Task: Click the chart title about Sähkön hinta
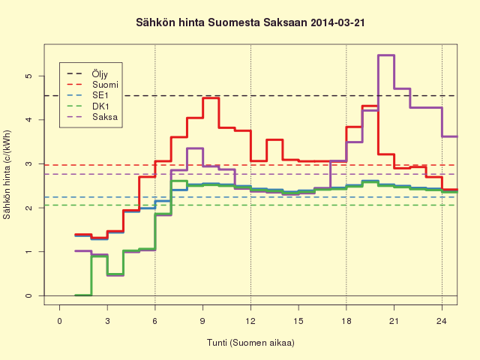(250, 23)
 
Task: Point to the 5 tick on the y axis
(28, 76)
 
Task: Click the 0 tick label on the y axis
(28, 295)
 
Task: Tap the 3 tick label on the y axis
(28, 163)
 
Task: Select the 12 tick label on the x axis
(250, 321)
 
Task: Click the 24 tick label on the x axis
(442, 321)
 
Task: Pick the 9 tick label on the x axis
(202, 321)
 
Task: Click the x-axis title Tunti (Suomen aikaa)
(250, 343)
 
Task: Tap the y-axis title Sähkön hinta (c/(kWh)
(7, 175)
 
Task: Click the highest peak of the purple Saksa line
(386, 55)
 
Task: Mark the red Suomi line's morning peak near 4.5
(211, 98)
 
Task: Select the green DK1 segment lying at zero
(83, 295)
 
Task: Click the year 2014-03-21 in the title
(337, 23)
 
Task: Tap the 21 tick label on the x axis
(394, 321)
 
